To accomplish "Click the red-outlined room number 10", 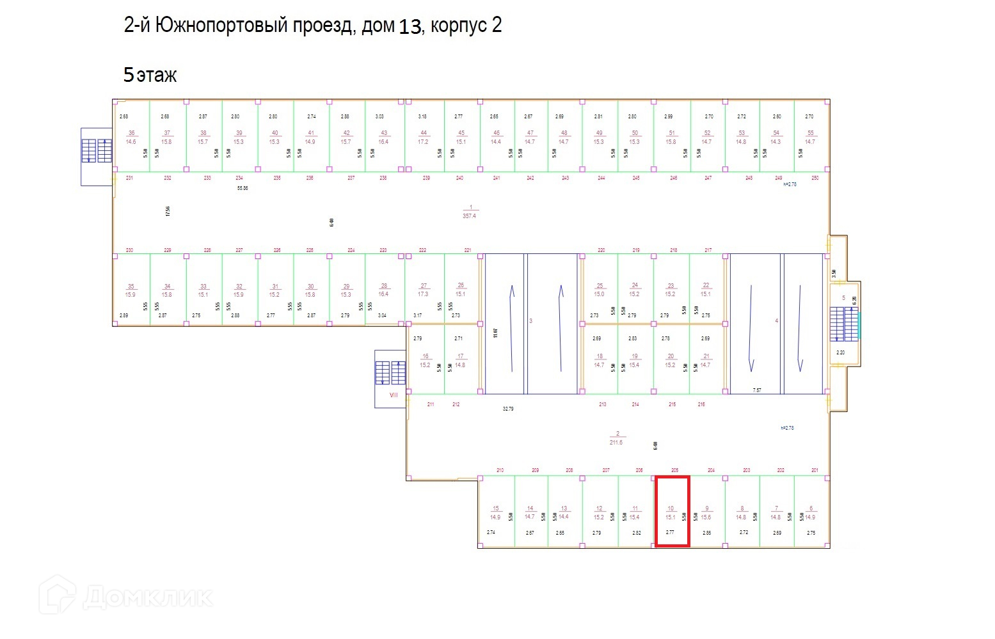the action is (x=671, y=512).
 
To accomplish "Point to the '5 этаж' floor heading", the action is (x=150, y=75).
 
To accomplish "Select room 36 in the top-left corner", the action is (x=131, y=137).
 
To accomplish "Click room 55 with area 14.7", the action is (x=810, y=137).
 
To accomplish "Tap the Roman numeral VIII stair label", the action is (x=394, y=395).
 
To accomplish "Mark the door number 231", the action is (x=129, y=178).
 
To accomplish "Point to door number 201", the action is (x=815, y=470).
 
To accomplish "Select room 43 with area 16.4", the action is (x=383, y=137).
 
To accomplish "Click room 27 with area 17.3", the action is (x=423, y=290).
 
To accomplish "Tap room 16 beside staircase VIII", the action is (x=426, y=361).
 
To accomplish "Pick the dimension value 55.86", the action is (x=242, y=188).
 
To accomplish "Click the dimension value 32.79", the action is (x=508, y=408).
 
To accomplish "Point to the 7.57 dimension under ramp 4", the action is (x=757, y=390).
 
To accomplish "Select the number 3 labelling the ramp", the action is (x=530, y=320).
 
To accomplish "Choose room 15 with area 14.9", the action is (x=495, y=513).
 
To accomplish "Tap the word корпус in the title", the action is (x=457, y=26).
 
